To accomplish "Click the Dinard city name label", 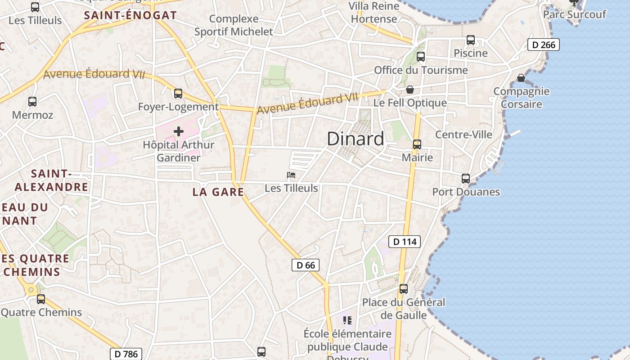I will pyautogui.click(x=355, y=139).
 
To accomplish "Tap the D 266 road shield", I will pyautogui.click(x=543, y=45).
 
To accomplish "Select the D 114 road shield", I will pyautogui.click(x=405, y=242).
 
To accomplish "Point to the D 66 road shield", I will pyautogui.click(x=306, y=265).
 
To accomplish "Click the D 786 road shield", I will pyautogui.click(x=126, y=354).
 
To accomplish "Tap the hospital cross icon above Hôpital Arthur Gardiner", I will pyautogui.click(x=179, y=131).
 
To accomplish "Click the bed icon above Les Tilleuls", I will pyautogui.click(x=291, y=175).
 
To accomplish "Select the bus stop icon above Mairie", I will pyautogui.click(x=417, y=144).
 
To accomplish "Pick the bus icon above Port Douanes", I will pyautogui.click(x=466, y=178).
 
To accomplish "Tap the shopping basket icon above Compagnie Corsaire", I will pyautogui.click(x=521, y=78).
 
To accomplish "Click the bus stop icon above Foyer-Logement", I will pyautogui.click(x=178, y=94).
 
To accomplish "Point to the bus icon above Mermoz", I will pyautogui.click(x=32, y=102).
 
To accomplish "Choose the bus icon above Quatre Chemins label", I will pyautogui.click(x=41, y=299).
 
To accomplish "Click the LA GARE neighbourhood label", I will pyautogui.click(x=218, y=192).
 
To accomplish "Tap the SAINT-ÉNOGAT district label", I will pyautogui.click(x=130, y=15).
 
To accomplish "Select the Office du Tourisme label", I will pyautogui.click(x=421, y=70).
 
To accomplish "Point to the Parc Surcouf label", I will pyautogui.click(x=575, y=14).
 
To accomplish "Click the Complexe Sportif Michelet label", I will pyautogui.click(x=234, y=25).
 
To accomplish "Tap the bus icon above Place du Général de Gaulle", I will pyautogui.click(x=404, y=289).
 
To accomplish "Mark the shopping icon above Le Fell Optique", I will pyautogui.click(x=410, y=90).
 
